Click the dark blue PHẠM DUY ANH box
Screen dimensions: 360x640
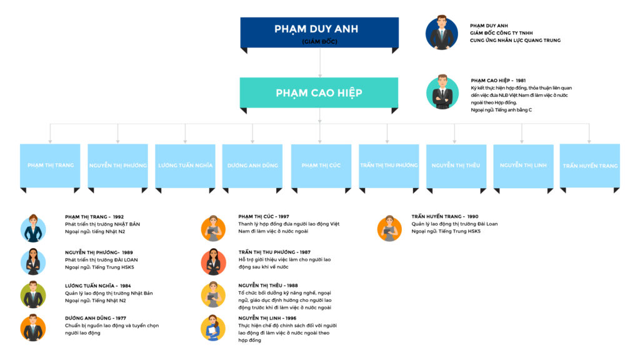(319, 32)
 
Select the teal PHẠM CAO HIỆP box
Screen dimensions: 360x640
(319, 92)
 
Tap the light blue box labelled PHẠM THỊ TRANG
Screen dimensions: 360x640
(50, 166)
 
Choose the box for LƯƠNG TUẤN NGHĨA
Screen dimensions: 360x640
(185, 166)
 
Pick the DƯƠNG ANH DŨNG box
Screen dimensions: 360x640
(252, 166)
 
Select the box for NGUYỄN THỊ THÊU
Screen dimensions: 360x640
(456, 166)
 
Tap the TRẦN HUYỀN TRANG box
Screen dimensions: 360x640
(589, 166)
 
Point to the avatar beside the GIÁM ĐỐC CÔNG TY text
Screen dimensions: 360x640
(442, 33)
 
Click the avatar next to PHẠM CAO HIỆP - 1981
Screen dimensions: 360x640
(442, 92)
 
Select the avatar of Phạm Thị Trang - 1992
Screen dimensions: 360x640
(33, 228)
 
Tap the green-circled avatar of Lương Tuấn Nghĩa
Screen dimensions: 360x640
(33, 295)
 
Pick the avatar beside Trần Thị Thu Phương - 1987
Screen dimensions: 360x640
(213, 262)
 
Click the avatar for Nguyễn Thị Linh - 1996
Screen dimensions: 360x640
(213, 328)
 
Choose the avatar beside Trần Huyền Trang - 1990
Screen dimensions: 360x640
(389, 228)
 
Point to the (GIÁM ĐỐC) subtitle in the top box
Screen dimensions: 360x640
(319, 42)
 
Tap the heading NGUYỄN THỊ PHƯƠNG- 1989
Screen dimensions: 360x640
(99, 252)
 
